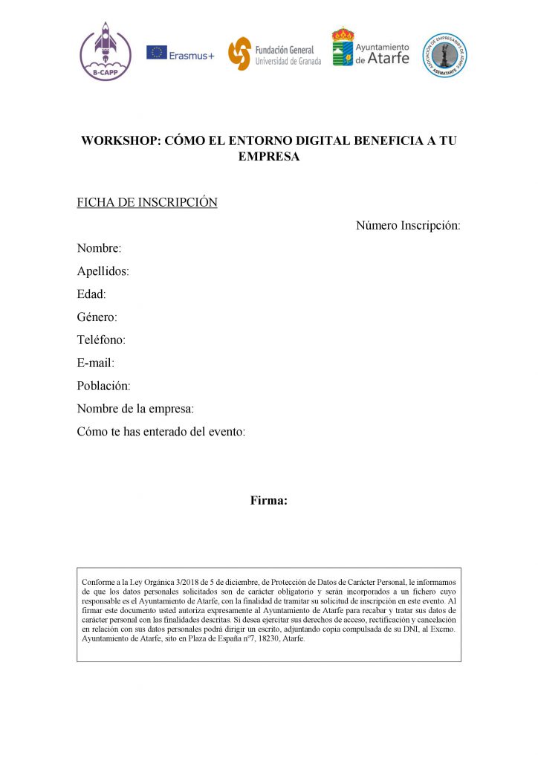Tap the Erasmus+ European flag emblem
(x=157, y=53)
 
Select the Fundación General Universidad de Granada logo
(x=240, y=54)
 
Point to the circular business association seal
(x=444, y=54)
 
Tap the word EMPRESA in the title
(x=268, y=157)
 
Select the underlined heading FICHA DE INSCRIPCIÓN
(x=147, y=202)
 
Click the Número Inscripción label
(x=408, y=225)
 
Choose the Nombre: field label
(x=99, y=248)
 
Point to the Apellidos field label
(x=103, y=271)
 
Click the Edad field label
(x=91, y=294)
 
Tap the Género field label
(x=97, y=317)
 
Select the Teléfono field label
(x=101, y=340)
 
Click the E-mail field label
(x=95, y=363)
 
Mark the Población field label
(x=103, y=386)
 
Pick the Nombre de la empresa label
(x=135, y=409)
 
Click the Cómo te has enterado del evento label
(x=161, y=432)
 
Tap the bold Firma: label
(x=268, y=501)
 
